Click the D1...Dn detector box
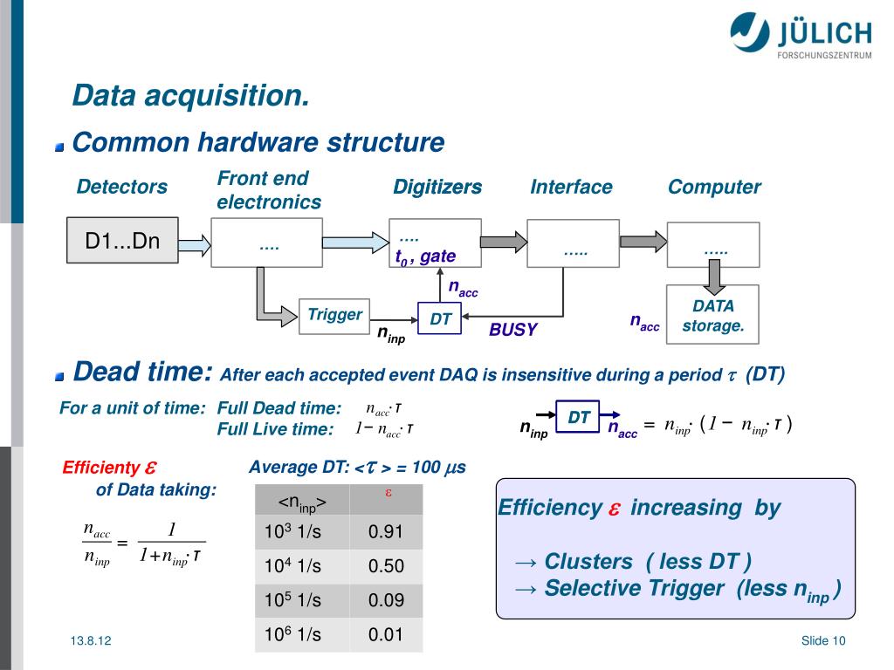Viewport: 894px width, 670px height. click(x=122, y=241)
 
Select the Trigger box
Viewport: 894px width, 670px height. click(x=334, y=315)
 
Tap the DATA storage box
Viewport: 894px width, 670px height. click(x=712, y=315)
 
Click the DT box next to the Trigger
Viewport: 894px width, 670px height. click(x=441, y=319)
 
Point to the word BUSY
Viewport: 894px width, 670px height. click(x=512, y=330)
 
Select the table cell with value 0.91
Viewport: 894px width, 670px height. click(x=386, y=531)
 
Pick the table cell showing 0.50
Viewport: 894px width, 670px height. click(x=386, y=566)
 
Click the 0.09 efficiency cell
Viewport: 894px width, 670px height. click(x=386, y=600)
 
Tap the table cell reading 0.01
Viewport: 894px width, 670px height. click(x=386, y=634)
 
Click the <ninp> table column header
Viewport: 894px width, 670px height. click(x=302, y=502)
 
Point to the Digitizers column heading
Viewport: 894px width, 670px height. click(x=437, y=187)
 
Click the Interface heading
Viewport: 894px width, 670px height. click(x=571, y=187)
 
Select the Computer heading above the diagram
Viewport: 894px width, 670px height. click(x=714, y=187)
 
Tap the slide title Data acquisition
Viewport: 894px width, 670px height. click(x=190, y=95)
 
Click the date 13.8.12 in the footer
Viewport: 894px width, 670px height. click(x=92, y=641)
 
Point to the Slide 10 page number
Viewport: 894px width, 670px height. click(x=823, y=641)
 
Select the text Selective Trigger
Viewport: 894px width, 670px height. click(x=634, y=589)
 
